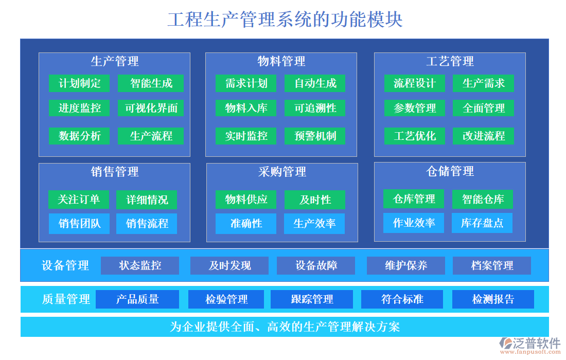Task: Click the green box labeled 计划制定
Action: click(80, 83)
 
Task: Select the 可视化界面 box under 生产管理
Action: click(151, 108)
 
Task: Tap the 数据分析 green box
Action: click(80, 136)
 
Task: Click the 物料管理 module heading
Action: click(281, 62)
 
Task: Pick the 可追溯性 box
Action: click(315, 108)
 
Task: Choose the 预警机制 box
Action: click(315, 136)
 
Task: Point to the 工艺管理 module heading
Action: click(450, 62)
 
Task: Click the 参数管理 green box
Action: click(415, 108)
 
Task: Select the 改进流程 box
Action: click(483, 136)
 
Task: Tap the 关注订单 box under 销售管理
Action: click(79, 200)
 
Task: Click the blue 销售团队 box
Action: click(79, 224)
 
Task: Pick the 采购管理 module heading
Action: click(282, 172)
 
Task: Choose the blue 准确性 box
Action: click(246, 224)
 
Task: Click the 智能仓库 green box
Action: click(483, 199)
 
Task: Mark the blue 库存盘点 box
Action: click(482, 223)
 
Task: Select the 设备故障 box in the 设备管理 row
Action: click(316, 265)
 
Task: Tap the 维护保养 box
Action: click(406, 265)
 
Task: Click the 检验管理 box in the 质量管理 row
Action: click(226, 299)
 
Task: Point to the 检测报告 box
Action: click(493, 299)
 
